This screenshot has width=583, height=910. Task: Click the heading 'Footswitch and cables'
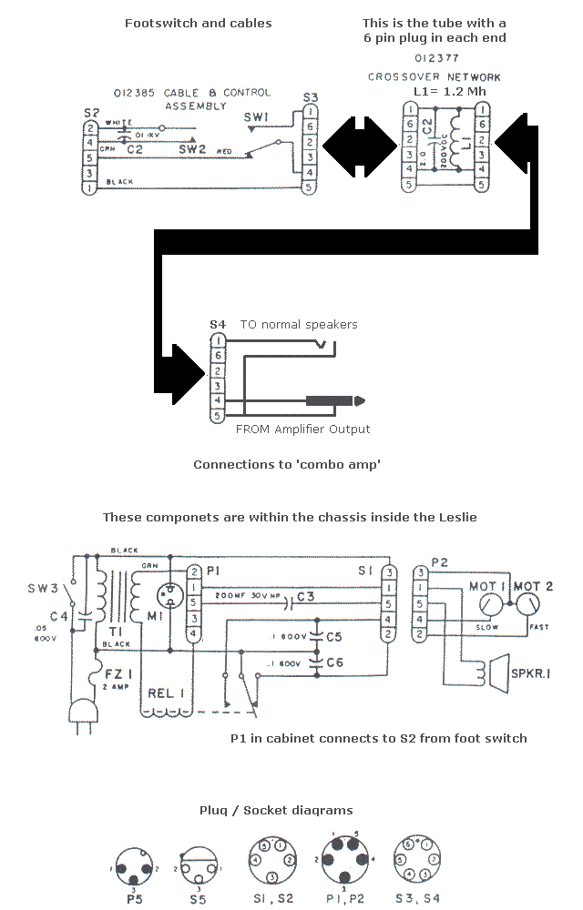pos(198,23)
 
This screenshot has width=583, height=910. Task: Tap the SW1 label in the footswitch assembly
pos(256,116)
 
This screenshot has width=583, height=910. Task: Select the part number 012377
pos(434,58)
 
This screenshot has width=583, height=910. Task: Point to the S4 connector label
pos(217,324)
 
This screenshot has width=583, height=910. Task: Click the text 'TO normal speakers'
pos(299,324)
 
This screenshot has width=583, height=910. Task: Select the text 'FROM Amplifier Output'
pos(303,429)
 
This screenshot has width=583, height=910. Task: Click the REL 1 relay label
pos(167,693)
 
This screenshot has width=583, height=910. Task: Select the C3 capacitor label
pos(306,597)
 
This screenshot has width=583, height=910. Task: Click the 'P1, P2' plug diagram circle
pos(343,858)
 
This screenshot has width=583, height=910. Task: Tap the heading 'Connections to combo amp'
pos(287,464)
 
